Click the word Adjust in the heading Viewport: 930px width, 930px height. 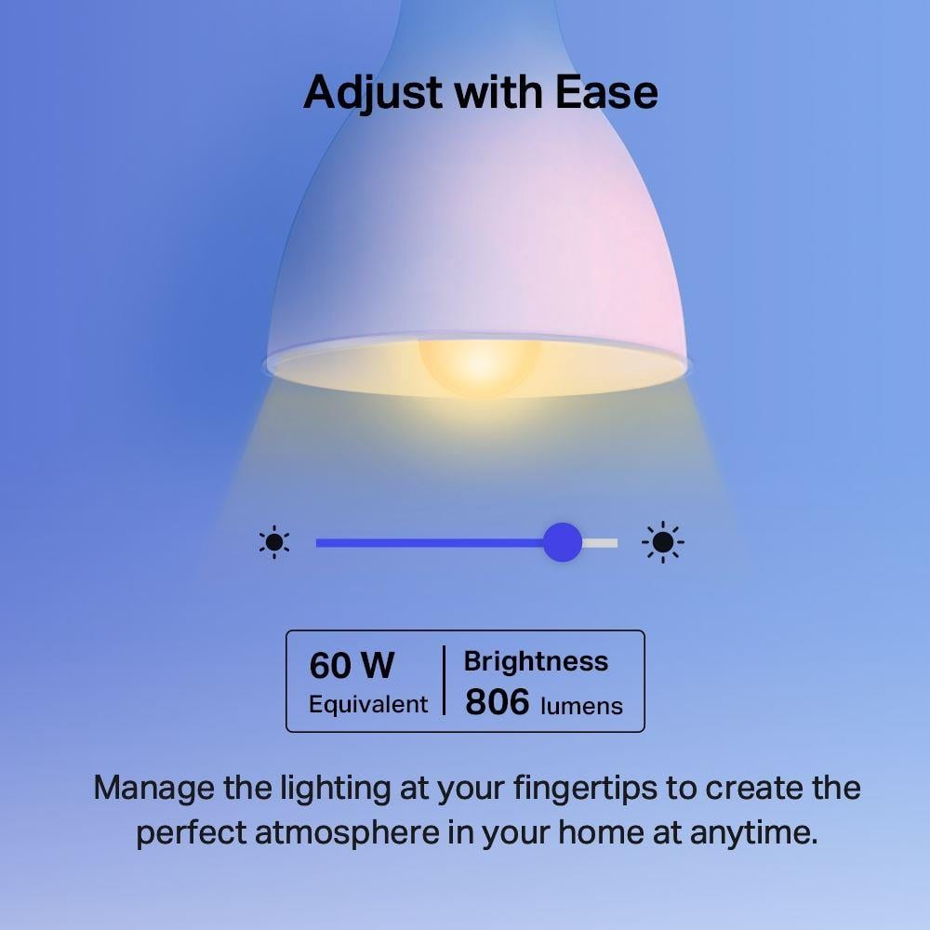[362, 94]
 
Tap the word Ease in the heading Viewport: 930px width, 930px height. [606, 92]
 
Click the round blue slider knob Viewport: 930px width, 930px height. [562, 542]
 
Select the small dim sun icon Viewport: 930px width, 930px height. [274, 542]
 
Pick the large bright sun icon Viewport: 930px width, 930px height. [662, 542]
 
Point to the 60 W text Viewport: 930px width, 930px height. [352, 666]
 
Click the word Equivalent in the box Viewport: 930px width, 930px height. [368, 704]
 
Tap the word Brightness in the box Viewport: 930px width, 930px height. [536, 661]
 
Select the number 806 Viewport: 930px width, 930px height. [497, 702]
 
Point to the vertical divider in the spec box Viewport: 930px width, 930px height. [444, 682]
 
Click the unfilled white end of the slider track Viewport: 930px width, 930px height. [601, 542]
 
